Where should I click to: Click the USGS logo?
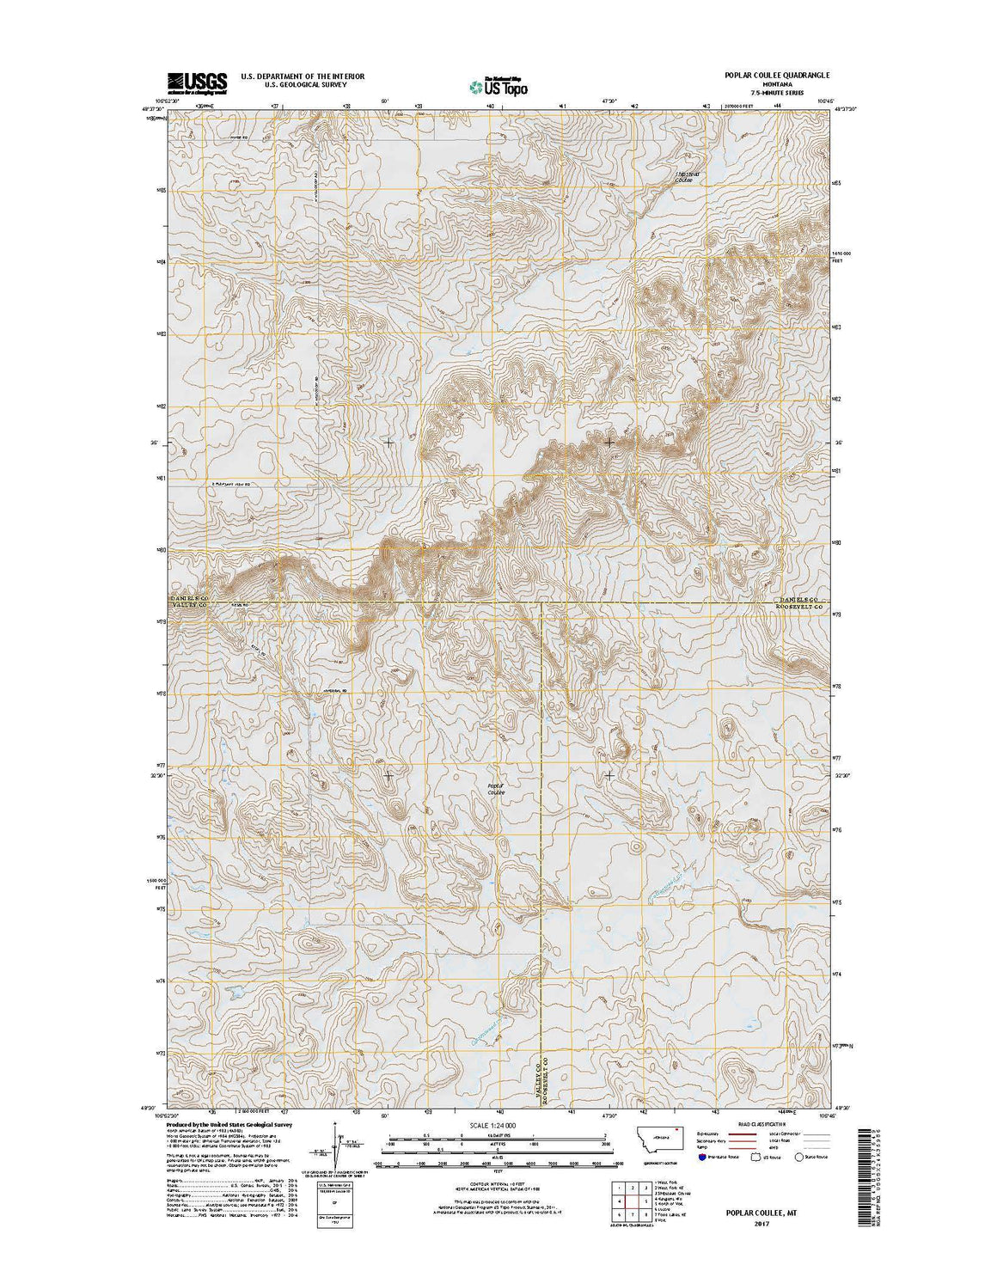(x=197, y=82)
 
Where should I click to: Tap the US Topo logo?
(x=498, y=85)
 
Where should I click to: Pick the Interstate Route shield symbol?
(x=678, y=1158)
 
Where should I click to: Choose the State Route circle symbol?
(x=799, y=1158)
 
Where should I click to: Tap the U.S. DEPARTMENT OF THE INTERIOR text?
(x=303, y=76)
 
